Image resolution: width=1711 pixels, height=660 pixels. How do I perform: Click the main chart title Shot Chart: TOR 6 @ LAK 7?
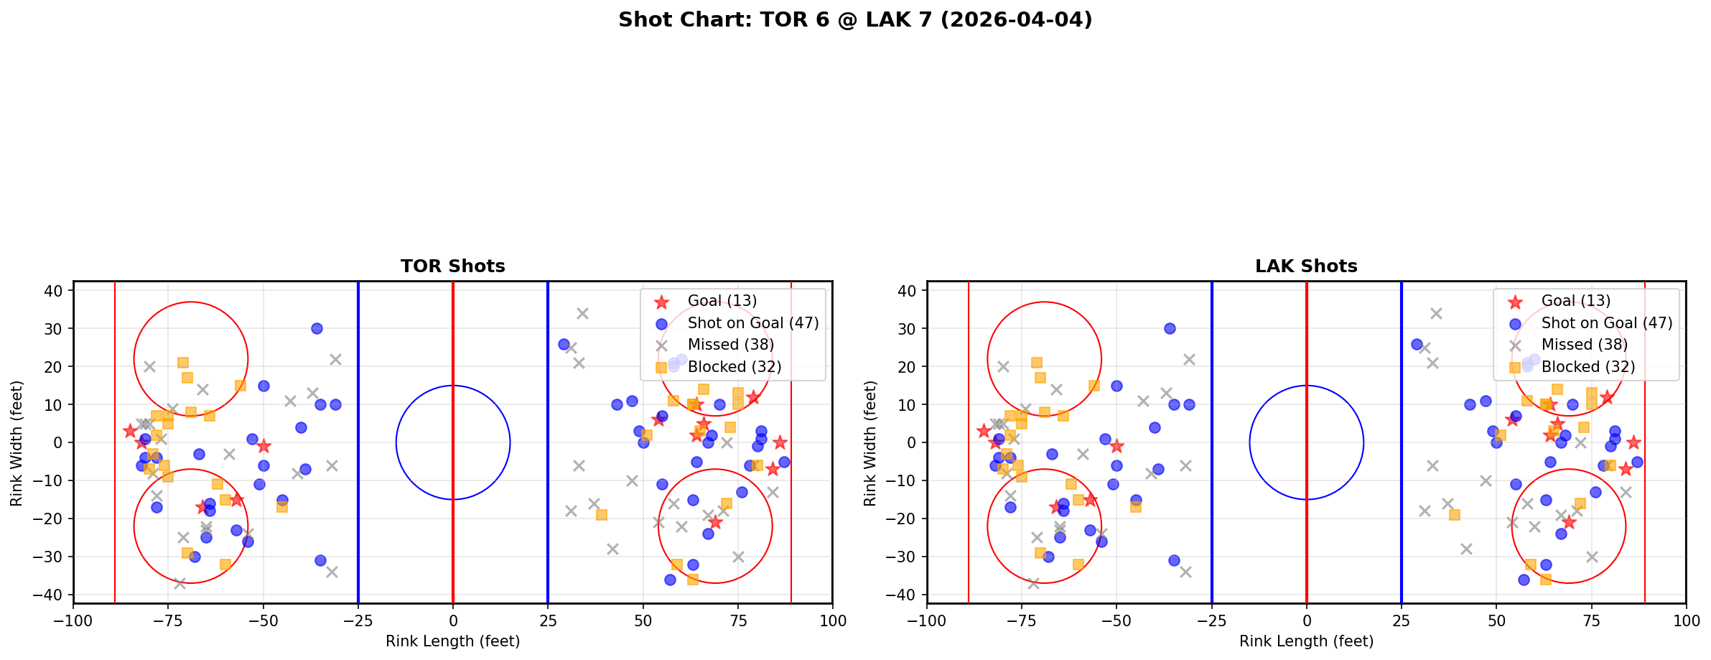coord(854,20)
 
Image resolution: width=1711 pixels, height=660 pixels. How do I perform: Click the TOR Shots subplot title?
coord(452,266)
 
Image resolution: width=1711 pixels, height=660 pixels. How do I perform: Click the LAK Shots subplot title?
coord(1306,266)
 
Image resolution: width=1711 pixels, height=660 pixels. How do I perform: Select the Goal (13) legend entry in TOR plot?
coord(722,301)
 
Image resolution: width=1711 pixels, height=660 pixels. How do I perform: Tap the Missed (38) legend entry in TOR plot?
coord(730,345)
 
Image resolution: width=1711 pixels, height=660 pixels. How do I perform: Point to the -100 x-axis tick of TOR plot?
coord(73,621)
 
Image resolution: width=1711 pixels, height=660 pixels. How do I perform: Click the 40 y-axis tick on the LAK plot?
coord(905,290)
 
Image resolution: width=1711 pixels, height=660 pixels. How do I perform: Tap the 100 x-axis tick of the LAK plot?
coord(1685,621)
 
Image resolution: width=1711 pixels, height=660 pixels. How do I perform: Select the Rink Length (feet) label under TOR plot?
coord(452,641)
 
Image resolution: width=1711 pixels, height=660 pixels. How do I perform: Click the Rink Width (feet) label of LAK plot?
coord(870,443)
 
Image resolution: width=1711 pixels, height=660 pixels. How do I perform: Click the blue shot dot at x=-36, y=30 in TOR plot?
coord(317,328)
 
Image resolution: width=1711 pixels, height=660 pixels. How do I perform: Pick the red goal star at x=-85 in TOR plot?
coord(130,431)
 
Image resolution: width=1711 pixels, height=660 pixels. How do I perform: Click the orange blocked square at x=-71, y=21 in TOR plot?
coord(183,363)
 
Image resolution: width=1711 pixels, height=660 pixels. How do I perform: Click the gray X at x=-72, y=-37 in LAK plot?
coord(1033,583)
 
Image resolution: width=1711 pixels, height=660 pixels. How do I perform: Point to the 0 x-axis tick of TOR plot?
coord(453,621)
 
